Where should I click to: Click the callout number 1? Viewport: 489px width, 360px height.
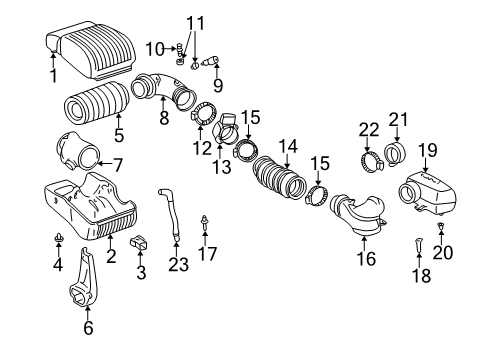(53, 74)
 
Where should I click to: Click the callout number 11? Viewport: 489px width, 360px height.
(193, 21)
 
